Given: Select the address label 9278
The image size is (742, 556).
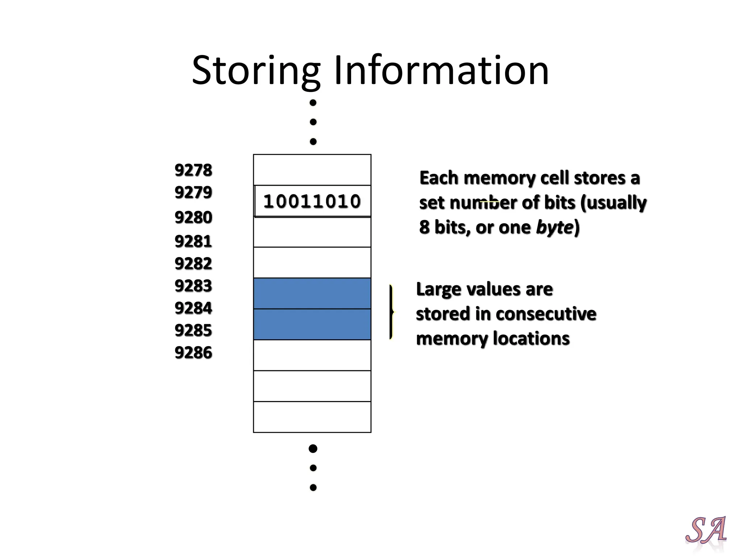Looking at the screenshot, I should point(193,170).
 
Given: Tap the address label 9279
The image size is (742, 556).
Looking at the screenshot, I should point(193,192).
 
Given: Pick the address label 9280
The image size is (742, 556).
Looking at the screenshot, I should point(193,218).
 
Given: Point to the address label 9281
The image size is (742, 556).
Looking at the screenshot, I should point(193,241).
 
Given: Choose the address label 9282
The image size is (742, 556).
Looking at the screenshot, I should point(193,264).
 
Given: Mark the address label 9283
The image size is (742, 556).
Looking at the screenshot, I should point(193,286).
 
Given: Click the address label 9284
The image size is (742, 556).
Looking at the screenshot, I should point(193,308).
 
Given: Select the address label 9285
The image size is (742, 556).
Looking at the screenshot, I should point(193,330).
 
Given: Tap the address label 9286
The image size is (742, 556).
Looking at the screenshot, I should point(193,353).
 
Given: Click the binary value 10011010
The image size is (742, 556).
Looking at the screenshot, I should point(312,202).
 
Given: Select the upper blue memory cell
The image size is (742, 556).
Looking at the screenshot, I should point(312,294).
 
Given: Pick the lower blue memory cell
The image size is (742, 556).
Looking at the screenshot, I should point(312,324).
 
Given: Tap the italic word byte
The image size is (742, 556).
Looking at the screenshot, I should point(555,227).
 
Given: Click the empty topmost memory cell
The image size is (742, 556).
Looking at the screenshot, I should point(312,170).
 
